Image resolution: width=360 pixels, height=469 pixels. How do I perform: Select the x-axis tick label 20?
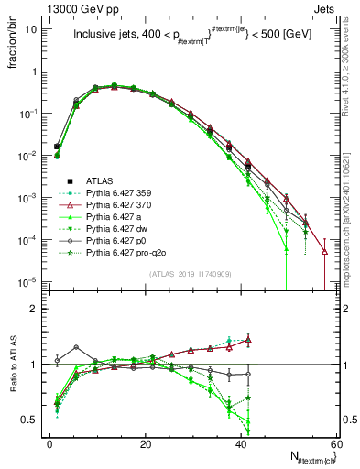tap(146, 442)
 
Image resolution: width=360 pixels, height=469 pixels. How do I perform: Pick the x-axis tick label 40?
tap(242, 442)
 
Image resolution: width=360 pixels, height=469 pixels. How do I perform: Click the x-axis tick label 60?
tap(337, 442)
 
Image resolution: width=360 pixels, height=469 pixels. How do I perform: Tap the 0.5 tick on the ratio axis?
tap(32, 420)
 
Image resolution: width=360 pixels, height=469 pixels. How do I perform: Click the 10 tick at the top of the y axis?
tap(31, 29)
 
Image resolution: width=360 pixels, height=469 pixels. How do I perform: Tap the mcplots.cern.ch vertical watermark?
tap(353, 220)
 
